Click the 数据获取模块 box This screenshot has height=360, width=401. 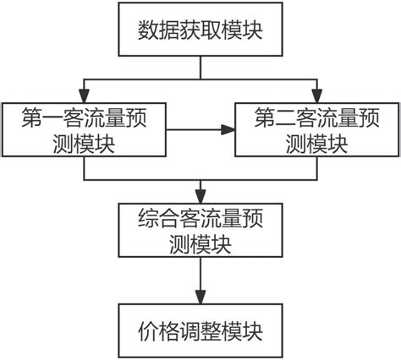click(x=200, y=31)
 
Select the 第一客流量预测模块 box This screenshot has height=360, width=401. click(x=84, y=130)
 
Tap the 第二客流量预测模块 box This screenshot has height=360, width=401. click(x=316, y=130)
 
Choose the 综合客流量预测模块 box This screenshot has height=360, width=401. click(x=200, y=229)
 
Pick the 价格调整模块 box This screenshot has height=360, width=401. click(x=200, y=329)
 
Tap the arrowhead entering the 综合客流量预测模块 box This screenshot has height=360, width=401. click(x=200, y=194)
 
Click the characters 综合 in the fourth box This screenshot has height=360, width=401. click(x=155, y=216)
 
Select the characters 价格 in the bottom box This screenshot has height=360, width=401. click(x=156, y=330)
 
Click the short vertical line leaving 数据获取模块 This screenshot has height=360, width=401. click(x=200, y=68)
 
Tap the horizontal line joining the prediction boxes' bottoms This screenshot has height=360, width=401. click(x=200, y=180)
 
